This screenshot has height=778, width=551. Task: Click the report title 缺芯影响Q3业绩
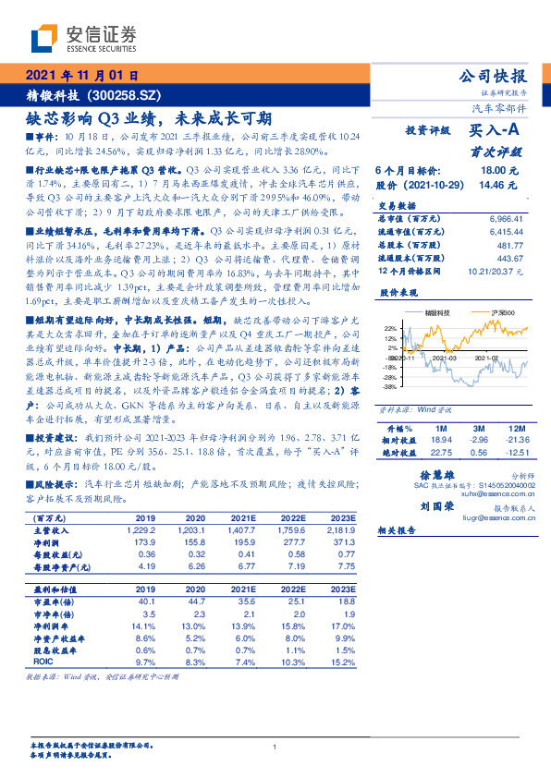tap(148, 117)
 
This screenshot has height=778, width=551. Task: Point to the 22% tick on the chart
tap(363, 328)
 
